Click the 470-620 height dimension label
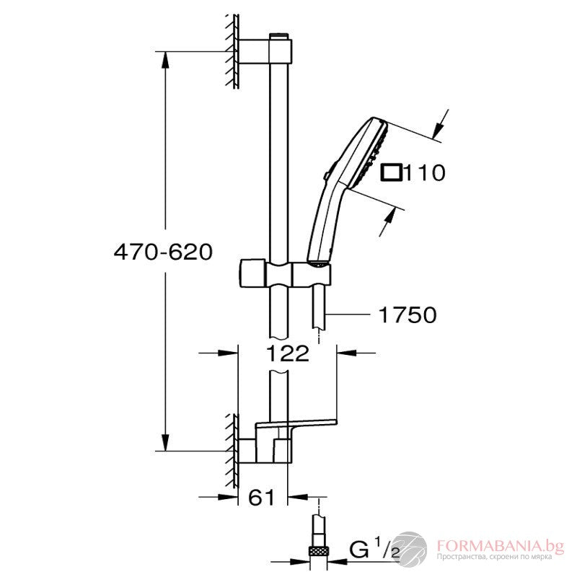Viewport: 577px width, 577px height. pos(163,252)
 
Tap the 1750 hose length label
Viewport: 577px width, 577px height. pos(407,315)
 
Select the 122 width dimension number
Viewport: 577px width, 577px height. pos(287,353)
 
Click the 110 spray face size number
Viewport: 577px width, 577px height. pos(425,173)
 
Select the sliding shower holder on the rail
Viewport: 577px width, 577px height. pos(285,274)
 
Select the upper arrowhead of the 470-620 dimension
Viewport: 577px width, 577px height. pos(167,57)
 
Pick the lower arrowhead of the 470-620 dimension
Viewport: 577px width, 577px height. pos(167,444)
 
